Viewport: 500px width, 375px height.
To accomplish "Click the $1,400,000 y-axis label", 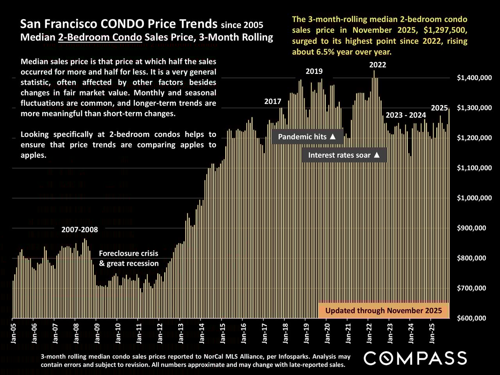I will point(474,78).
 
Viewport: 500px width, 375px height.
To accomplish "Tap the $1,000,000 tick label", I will point(474,198).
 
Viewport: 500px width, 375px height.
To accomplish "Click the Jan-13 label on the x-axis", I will point(181,332).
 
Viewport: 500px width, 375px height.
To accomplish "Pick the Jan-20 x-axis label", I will point(327,332).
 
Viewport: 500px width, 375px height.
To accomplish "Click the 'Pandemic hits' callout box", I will point(307,137).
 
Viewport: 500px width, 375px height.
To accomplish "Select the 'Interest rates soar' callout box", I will point(344,155).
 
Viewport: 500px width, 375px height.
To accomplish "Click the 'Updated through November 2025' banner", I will point(384,311).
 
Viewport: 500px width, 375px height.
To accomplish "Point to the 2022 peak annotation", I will point(378,65).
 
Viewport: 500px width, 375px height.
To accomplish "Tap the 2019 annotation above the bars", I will point(314,71).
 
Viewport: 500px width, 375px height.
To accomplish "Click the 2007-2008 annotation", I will point(80,230).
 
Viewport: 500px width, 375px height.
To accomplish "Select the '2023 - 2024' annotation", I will point(405,115).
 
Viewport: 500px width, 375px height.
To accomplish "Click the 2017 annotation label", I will point(273,102).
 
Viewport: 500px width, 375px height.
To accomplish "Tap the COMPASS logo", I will point(415,358).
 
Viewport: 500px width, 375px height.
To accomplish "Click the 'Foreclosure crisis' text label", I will point(129,254).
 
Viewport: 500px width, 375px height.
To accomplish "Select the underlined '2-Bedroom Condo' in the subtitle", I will point(100,37).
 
